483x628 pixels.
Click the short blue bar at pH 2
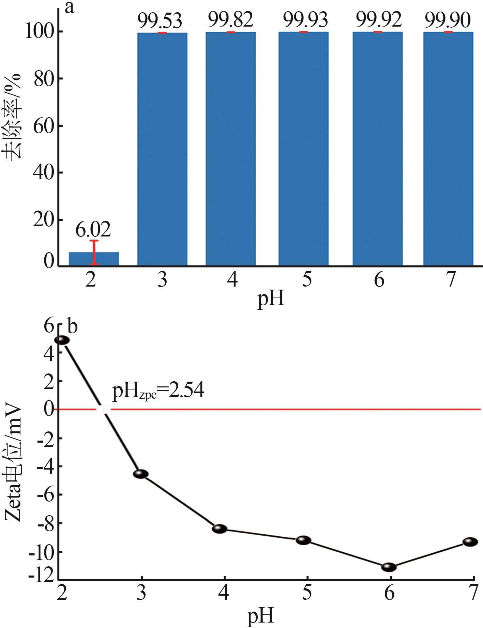pyautogui.click(x=94, y=259)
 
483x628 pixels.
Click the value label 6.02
pyautogui.click(x=93, y=230)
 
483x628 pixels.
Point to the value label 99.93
pyautogui.click(x=305, y=20)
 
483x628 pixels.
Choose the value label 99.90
pyautogui.click(x=448, y=20)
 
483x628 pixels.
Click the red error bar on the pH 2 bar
pyautogui.click(x=94, y=252)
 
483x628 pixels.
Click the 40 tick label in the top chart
pyautogui.click(x=44, y=173)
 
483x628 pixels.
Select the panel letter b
pyautogui.click(x=73, y=326)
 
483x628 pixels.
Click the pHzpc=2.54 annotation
pyautogui.click(x=158, y=390)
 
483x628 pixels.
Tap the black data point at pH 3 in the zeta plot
pyautogui.click(x=141, y=474)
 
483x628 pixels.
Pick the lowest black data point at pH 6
pyautogui.click(x=389, y=567)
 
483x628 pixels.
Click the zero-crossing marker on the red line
pyautogui.click(x=102, y=409)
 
